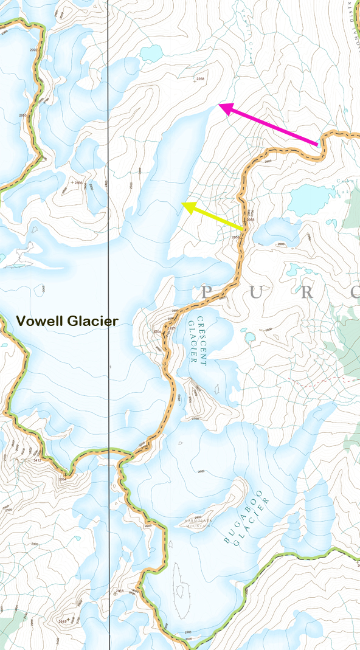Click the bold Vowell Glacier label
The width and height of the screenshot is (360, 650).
pyautogui.click(x=67, y=320)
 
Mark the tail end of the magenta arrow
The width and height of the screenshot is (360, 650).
pyautogui.click(x=317, y=145)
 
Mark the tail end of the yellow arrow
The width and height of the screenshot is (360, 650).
pyautogui.click(x=244, y=229)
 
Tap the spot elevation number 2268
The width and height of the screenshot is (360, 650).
pyautogui.click(x=201, y=79)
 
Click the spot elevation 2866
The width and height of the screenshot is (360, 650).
pyautogui.click(x=77, y=182)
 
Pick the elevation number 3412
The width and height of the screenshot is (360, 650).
pyautogui.click(x=37, y=460)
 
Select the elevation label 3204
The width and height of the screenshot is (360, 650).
pyautogui.click(x=156, y=331)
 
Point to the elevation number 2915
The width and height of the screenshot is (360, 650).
pyautogui.click(x=62, y=621)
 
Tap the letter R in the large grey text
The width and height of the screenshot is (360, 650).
pyautogui.click(x=306, y=292)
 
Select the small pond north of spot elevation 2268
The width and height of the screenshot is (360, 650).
pyautogui.click(x=151, y=54)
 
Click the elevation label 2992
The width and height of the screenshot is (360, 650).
pyautogui.click(x=33, y=50)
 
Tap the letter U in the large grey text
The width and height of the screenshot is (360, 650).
pyautogui.click(x=255, y=292)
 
